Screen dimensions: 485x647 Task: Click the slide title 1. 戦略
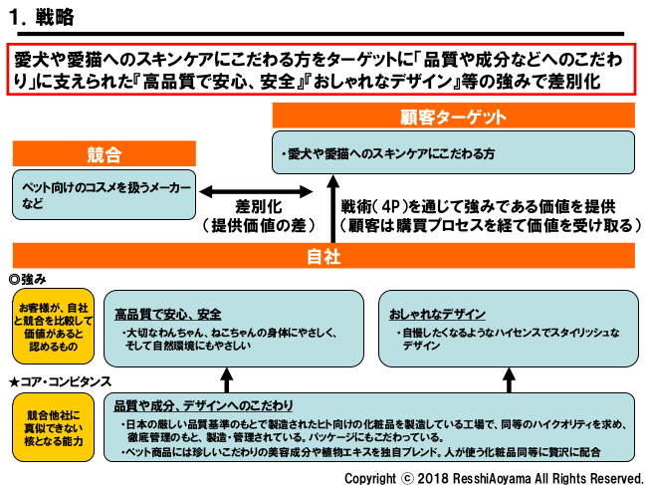pyautogui.click(x=41, y=16)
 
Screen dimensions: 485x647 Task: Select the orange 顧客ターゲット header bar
pyautogui.click(x=453, y=117)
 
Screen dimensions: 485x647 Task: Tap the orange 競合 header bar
pyautogui.click(x=104, y=154)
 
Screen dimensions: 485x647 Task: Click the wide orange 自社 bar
pyautogui.click(x=323, y=256)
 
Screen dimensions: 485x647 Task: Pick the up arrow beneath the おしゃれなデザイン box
pyautogui.click(x=509, y=379)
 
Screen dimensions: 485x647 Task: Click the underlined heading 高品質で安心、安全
pyautogui.click(x=167, y=313)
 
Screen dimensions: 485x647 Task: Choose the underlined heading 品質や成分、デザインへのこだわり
pyautogui.click(x=204, y=405)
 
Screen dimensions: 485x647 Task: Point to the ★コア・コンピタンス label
pyautogui.click(x=60, y=381)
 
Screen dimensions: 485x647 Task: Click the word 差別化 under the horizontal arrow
pyautogui.click(x=259, y=207)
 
